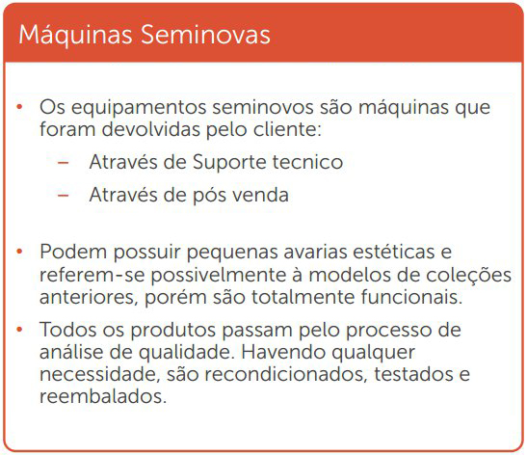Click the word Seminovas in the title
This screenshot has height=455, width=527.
[x=205, y=35]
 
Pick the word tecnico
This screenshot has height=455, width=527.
[x=307, y=162]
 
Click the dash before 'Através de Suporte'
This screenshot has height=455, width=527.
[x=64, y=163]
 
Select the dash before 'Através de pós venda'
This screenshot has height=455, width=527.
[x=64, y=196]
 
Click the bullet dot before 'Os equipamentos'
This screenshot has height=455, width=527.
[x=19, y=107]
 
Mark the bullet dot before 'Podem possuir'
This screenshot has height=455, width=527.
[x=19, y=252]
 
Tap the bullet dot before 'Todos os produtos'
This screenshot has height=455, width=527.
[x=19, y=330]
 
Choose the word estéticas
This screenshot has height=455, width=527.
[x=394, y=252]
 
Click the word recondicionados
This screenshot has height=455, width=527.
[x=285, y=374]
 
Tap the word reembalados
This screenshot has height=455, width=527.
[x=103, y=396]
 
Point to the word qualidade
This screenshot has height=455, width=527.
[x=187, y=353]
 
